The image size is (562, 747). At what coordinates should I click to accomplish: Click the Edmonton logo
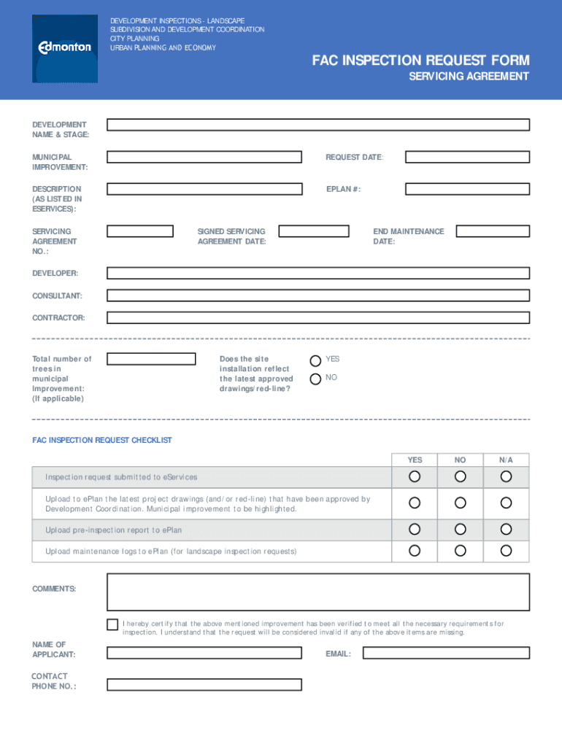(65, 48)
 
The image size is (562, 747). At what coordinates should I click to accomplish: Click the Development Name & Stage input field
(318, 125)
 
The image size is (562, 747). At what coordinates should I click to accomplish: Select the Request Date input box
(467, 157)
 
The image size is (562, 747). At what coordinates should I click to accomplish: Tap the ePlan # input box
(467, 189)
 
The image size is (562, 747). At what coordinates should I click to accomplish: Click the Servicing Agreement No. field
(140, 231)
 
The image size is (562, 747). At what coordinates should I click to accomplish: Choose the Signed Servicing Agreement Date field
(314, 231)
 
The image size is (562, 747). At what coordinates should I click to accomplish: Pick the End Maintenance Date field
(493, 231)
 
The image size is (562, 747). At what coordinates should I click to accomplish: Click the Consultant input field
(318, 295)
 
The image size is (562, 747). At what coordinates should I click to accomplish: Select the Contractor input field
(318, 318)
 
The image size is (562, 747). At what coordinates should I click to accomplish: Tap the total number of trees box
(151, 359)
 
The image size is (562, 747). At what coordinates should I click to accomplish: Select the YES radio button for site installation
(315, 360)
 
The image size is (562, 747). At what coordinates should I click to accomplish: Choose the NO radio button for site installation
(315, 379)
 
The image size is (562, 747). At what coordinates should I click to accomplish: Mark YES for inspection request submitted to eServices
(415, 476)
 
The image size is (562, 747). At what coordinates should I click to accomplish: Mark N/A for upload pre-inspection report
(506, 529)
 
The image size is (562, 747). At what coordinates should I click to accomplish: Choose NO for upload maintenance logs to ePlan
(460, 551)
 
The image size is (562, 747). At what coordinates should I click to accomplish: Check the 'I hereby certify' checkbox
(112, 624)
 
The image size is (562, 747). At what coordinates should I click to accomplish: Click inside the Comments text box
(318, 592)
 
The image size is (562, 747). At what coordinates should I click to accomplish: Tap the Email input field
(446, 653)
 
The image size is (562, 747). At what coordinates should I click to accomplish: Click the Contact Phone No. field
(204, 685)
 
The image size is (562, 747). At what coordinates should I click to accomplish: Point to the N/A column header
(506, 460)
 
